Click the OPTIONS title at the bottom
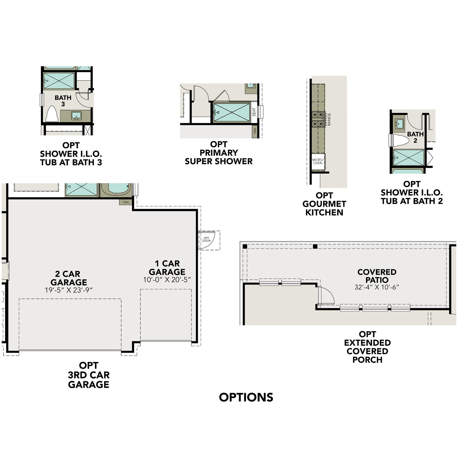coord(246,397)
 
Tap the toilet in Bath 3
coord(52,114)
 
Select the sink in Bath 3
coord(76,116)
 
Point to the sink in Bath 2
coord(399,124)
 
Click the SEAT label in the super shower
coord(254,112)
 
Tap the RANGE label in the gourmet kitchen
coord(329,119)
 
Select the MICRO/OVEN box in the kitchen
coord(318,161)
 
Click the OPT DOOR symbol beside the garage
coord(207,240)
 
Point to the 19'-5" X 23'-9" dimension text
coord(69,290)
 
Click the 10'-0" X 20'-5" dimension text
coord(167,280)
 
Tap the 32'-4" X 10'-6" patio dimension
coord(377,287)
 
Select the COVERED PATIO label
coord(377,276)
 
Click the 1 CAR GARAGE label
coord(167,267)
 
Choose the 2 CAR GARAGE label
coord(69,278)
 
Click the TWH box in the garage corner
coord(126,202)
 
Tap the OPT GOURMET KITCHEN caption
coord(324,204)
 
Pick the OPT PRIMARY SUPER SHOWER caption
coord(219,153)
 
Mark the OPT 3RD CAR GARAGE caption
coord(89,375)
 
